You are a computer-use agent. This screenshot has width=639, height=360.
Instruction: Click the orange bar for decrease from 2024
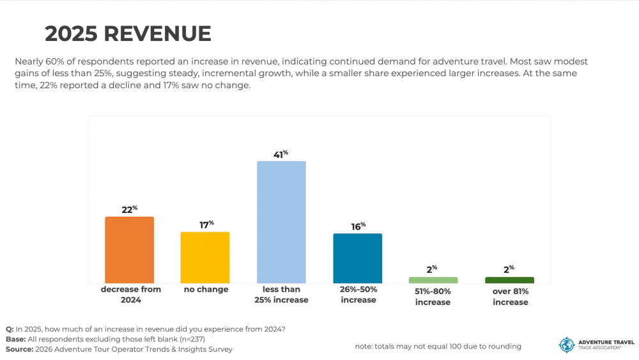[129, 250]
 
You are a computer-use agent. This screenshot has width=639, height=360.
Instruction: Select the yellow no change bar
[205, 258]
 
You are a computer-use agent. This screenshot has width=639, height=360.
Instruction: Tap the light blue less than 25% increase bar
[281, 222]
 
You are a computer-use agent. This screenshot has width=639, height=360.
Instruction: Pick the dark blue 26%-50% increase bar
[357, 258]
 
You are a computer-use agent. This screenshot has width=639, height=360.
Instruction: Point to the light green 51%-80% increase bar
[433, 280]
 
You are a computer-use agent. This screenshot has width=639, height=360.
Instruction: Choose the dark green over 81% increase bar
[509, 280]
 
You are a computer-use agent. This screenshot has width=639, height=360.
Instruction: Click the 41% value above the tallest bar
[281, 154]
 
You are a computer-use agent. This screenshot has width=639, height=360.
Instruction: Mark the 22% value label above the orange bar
[129, 210]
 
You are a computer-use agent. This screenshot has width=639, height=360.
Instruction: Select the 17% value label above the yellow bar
[205, 224]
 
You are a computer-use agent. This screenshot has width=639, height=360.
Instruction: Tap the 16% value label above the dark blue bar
[357, 226]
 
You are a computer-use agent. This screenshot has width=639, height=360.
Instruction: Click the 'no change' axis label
[206, 290]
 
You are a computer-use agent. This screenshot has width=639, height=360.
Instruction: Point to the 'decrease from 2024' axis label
[130, 294]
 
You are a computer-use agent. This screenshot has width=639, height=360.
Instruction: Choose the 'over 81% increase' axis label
[510, 297]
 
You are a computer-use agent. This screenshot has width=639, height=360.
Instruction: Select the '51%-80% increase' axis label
[433, 297]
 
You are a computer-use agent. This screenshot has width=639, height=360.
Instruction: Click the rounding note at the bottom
[438, 347]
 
